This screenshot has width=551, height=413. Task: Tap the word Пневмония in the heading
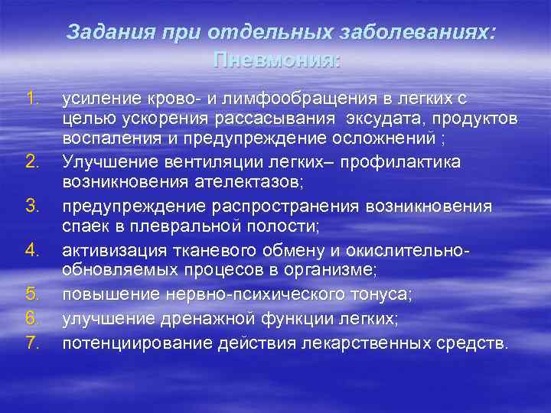coord(277,59)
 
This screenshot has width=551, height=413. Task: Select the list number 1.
coord(31,98)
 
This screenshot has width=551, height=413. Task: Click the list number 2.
coord(31,161)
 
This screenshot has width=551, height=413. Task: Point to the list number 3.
coord(31,206)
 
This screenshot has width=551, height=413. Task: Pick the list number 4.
coord(31,250)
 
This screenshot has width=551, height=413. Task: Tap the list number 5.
coord(31,294)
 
